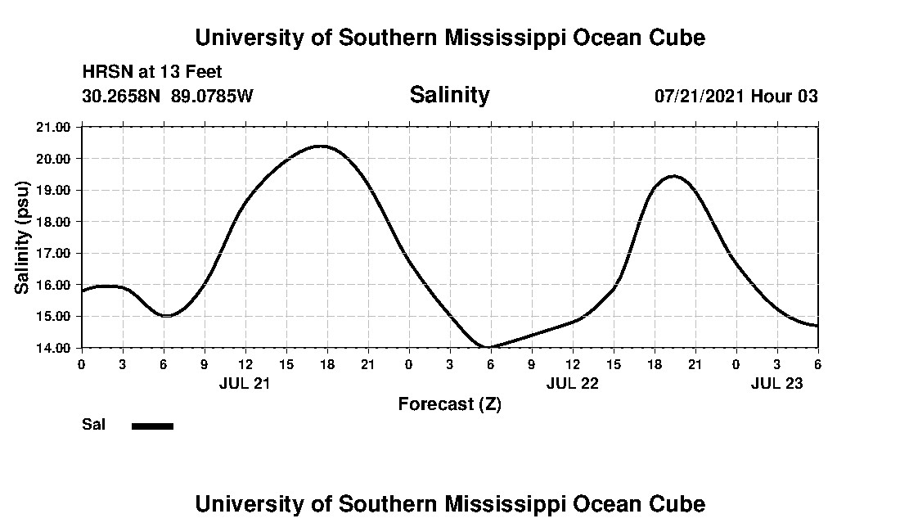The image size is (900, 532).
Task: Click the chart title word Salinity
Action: click(x=449, y=95)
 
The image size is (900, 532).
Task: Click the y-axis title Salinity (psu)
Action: click(x=22, y=237)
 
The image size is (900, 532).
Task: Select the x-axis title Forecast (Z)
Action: click(x=449, y=404)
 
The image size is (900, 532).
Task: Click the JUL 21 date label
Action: click(x=245, y=383)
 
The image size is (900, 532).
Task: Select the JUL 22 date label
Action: click(x=572, y=383)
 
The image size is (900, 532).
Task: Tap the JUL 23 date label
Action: click(x=776, y=383)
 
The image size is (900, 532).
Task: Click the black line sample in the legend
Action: click(x=152, y=426)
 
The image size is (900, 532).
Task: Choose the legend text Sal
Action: click(x=92, y=425)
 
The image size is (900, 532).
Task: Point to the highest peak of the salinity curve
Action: click(x=320, y=147)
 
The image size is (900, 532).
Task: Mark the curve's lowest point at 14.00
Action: click(x=488, y=347)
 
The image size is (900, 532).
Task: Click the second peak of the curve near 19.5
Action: click(x=673, y=176)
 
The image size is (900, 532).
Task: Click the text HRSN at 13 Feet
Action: click(x=152, y=72)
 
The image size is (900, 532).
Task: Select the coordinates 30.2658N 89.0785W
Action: click(x=168, y=96)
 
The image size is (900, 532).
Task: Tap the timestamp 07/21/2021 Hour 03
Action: click(x=736, y=96)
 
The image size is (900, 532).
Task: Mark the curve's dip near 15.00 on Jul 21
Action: click(x=166, y=316)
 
